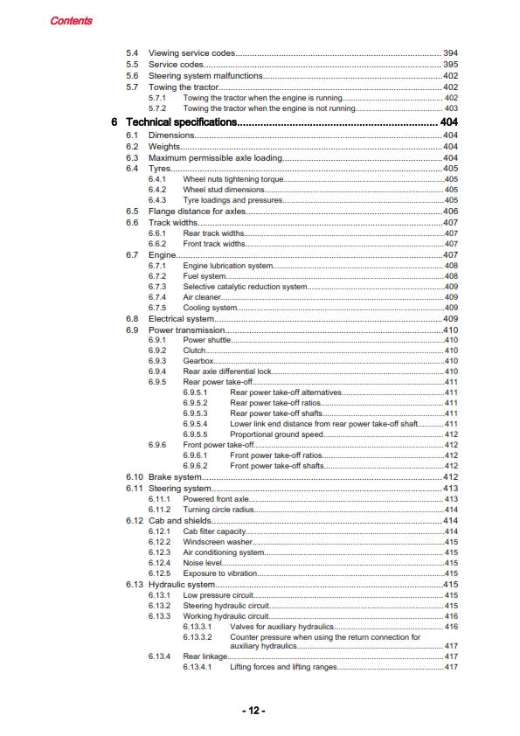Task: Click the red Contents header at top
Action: click(71, 20)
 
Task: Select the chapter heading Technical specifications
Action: click(181, 122)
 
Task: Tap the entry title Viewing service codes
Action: click(192, 54)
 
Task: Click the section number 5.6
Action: click(132, 76)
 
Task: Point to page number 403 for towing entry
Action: click(452, 108)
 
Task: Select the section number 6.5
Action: click(132, 212)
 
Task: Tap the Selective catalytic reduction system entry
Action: click(245, 287)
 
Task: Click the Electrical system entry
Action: click(182, 319)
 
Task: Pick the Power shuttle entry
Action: click(208, 340)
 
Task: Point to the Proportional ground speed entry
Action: click(276, 434)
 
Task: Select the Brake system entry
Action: click(175, 477)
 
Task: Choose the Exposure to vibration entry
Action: click(220, 573)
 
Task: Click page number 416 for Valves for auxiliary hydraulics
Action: click(452, 627)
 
